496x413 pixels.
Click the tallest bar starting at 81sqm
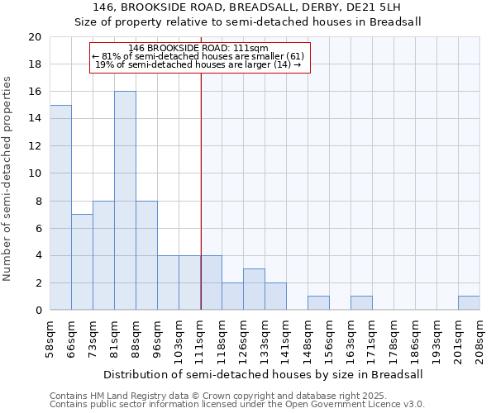[x=125, y=201]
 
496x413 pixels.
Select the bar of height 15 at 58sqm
[x=60, y=207]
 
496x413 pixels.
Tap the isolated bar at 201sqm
[x=469, y=303]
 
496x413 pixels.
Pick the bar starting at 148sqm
[x=318, y=303]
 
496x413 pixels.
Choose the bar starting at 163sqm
[x=361, y=303]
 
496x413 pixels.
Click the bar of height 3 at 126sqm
[x=254, y=289]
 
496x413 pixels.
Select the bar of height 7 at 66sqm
[x=82, y=262]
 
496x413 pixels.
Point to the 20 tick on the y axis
[x=35, y=37]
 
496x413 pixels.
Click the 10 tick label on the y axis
[x=35, y=173]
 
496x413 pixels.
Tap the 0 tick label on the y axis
[x=38, y=311]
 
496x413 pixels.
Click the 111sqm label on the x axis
[x=201, y=337]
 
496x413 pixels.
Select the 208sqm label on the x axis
[x=480, y=337]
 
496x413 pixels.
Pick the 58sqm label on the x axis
[x=50, y=337]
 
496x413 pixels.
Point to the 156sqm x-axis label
[x=330, y=337]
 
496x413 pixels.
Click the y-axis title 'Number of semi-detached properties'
[x=7, y=178]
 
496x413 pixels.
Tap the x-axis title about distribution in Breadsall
[x=264, y=374]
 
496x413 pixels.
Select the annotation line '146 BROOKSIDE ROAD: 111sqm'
[x=198, y=49]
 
